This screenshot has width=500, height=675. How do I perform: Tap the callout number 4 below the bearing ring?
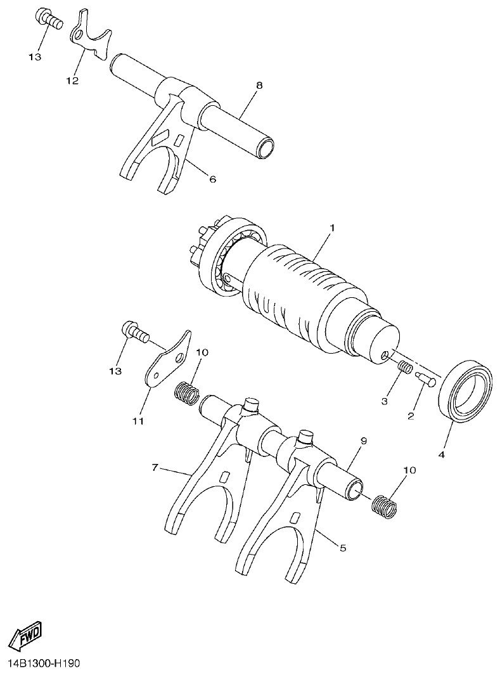click(442, 454)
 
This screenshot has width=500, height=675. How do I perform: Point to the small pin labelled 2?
click(425, 378)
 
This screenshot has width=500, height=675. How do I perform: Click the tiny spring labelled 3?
click(404, 367)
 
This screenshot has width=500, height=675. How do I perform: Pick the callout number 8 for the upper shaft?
click(259, 86)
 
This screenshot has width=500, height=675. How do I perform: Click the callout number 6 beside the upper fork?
click(212, 179)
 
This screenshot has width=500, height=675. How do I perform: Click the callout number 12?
click(72, 80)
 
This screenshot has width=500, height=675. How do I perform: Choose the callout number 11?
click(138, 420)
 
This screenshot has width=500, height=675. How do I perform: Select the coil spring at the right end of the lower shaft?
click(383, 504)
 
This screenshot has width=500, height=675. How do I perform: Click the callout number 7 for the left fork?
click(154, 468)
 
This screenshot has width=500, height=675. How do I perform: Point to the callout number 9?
click(363, 440)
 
